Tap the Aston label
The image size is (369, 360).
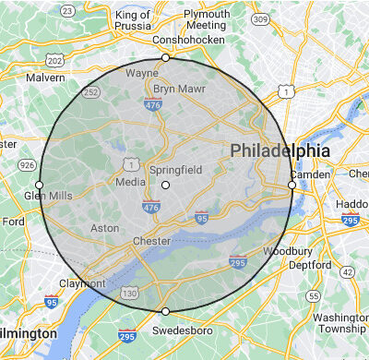pos(104,227)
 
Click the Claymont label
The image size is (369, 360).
pos(80,283)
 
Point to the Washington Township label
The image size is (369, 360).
pos(340,323)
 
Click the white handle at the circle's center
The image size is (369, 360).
pos(165,186)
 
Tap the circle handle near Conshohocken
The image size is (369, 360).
pos(165,58)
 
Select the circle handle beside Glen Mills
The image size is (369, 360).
pos(39,186)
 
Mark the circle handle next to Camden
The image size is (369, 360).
pos(292,186)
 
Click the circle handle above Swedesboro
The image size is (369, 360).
pos(165,311)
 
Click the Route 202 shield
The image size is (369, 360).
pos(54,62)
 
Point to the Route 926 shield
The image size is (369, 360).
pos(26,165)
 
